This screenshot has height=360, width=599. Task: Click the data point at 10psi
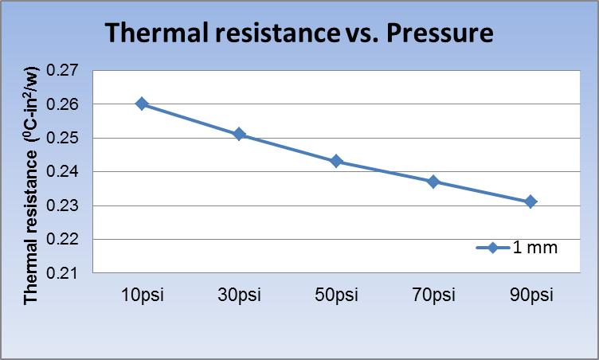click(142, 104)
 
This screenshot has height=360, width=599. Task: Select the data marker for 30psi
click(239, 135)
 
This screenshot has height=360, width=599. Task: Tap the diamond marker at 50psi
click(336, 162)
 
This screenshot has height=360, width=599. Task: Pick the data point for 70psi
click(433, 182)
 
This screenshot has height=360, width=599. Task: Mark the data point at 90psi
click(530, 202)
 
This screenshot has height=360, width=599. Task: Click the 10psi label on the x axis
click(142, 295)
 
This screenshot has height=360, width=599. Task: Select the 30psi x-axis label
click(239, 295)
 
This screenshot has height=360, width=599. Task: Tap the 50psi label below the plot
click(336, 295)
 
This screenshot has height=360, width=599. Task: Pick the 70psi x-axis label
click(433, 295)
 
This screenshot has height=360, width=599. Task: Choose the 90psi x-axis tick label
click(530, 295)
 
